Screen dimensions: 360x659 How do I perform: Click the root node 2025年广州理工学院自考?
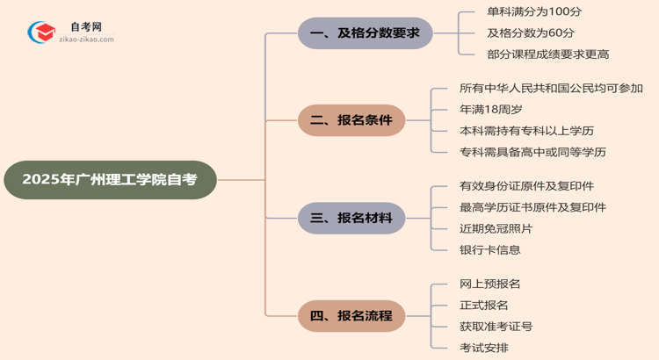109,180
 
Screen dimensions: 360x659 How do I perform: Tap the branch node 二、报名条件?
351,120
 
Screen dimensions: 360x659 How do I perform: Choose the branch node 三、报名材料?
351,218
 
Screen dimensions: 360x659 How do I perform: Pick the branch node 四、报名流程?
351,315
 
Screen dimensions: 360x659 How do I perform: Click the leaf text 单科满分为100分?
521,12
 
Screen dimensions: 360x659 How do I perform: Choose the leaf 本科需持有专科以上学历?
532,131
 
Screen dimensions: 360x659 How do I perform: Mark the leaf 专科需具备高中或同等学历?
532,152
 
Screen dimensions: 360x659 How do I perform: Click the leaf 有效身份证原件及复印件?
526,186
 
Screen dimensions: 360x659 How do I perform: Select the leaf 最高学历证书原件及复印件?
532,207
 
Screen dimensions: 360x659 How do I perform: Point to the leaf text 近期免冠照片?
496,228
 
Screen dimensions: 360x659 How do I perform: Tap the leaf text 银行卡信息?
489,249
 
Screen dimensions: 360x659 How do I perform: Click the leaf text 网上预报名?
489,284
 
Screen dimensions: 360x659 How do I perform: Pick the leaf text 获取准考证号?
496,326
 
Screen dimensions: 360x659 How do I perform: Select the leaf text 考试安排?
483,347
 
